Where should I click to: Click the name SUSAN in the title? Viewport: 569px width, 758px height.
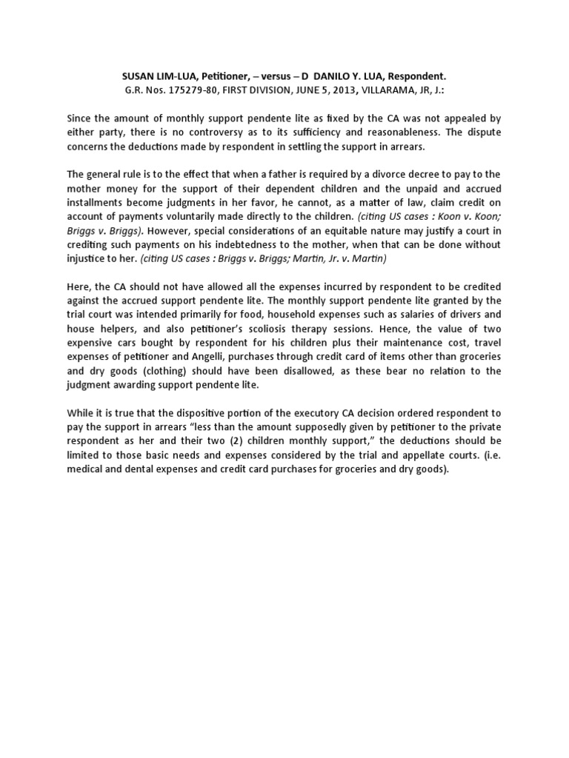tap(137, 77)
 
